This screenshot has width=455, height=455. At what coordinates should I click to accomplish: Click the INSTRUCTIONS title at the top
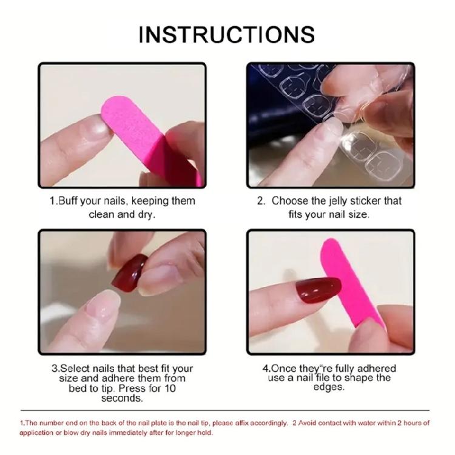227,34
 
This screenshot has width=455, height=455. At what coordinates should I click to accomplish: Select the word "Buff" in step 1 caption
70,201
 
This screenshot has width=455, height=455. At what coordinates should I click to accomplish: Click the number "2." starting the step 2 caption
261,201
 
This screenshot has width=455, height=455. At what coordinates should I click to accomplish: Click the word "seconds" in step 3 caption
122,399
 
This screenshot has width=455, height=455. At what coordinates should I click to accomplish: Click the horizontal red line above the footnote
227,411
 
